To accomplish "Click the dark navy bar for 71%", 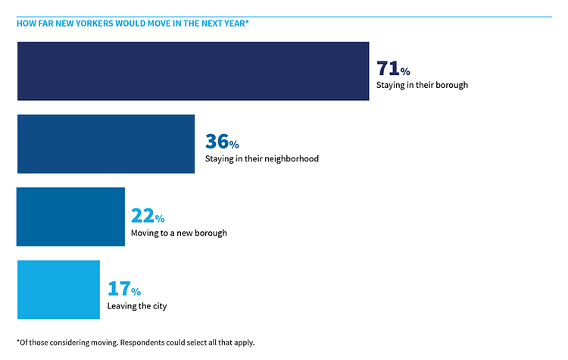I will pos(192,71).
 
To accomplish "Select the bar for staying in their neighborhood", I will pos(105,144).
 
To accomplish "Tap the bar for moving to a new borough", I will pos(70,217).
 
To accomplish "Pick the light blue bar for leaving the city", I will pos(58,290).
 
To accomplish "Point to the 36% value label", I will pos(222,142).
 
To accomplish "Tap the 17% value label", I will pos(124,290).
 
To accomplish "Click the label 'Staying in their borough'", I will pos(422,85).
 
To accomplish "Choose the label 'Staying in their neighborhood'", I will pos(262,159).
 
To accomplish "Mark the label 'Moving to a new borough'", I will pos(179,233).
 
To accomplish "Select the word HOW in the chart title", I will pos(25,23).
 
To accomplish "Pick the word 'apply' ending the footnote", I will pos(244,343).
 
